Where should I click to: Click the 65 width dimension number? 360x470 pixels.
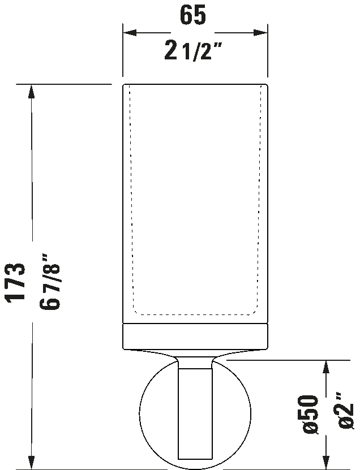point(193,14)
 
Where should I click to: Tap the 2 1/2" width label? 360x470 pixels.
point(193,51)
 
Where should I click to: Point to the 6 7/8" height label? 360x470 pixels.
point(50,282)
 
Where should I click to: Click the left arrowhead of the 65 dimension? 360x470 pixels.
point(130,33)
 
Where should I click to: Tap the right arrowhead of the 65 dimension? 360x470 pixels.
point(260,33)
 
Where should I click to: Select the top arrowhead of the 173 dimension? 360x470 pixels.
point(31,92)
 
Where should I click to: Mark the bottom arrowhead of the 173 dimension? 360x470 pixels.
point(31,462)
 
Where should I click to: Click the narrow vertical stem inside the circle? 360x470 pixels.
point(195,413)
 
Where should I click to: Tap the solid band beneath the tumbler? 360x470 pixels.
point(195,336)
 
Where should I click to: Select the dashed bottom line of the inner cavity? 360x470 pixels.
point(195,314)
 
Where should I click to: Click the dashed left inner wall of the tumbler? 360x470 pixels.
point(132,198)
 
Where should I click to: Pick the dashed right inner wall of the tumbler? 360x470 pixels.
point(259,198)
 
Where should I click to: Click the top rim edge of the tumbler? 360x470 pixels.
point(195,84)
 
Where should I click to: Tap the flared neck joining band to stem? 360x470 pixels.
point(195,357)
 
